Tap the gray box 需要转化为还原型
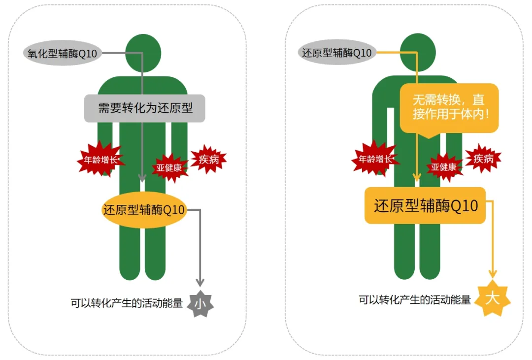click(144, 108)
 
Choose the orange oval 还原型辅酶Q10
click(143, 210)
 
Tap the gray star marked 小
click(200, 303)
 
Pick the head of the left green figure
click(143, 51)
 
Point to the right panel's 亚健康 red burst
click(444, 166)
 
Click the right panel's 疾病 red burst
click(483, 159)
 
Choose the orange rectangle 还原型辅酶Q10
click(425, 205)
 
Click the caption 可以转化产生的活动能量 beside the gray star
click(127, 303)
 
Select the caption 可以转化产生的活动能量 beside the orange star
click(414, 299)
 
